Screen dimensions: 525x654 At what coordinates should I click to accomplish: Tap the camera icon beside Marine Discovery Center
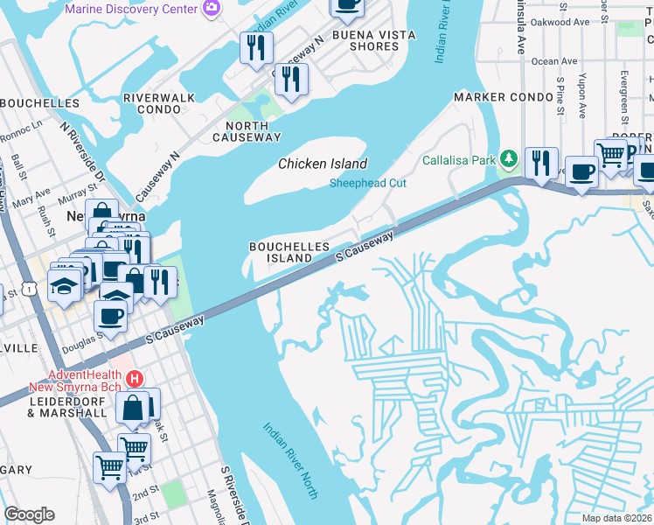click(211, 8)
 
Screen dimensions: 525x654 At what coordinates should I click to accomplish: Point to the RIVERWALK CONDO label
click(164, 103)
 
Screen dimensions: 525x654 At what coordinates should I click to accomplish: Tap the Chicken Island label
click(323, 164)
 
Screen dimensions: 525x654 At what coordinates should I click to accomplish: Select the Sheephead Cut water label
click(367, 183)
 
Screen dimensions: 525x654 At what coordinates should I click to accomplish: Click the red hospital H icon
click(135, 379)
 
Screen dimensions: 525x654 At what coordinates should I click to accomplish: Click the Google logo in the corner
click(29, 514)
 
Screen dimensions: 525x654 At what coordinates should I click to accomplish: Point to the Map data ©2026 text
click(616, 518)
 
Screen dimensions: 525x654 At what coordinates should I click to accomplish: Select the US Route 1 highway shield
click(31, 288)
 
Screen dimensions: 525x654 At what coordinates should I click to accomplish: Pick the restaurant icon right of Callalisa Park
click(541, 163)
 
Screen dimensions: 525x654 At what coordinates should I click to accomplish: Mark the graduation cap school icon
click(65, 286)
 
